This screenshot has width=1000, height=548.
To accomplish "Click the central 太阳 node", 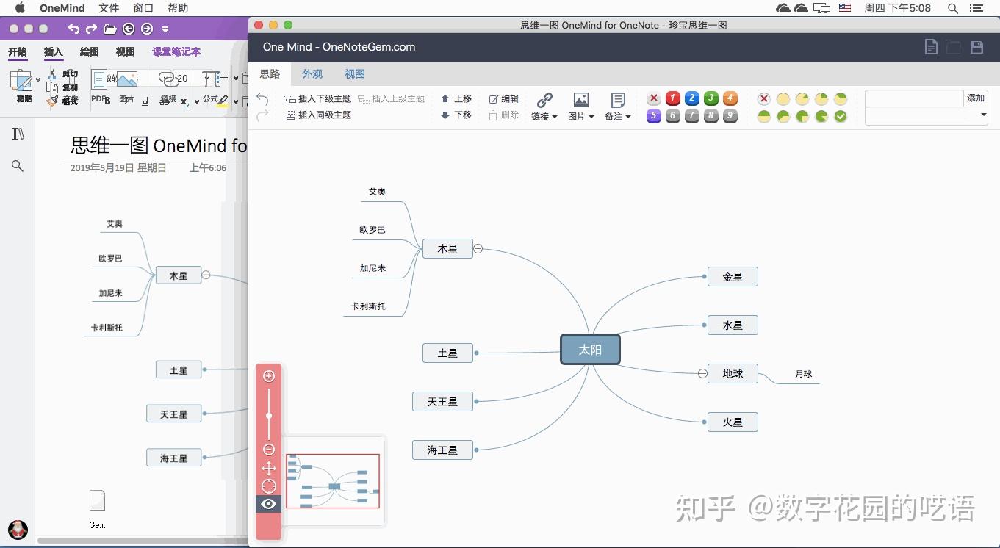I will coord(590,350).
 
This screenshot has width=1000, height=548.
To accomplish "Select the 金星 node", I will coord(733,277).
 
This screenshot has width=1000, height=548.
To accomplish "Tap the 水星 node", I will coord(733,325).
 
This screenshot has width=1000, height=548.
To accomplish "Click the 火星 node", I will coord(733,422).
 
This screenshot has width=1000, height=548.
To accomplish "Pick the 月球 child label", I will coord(803,374).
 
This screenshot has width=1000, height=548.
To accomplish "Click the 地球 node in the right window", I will coord(733,374).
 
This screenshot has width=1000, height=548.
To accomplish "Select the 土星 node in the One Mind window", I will coord(447,353).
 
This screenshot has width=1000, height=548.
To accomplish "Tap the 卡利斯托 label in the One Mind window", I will coord(368,306).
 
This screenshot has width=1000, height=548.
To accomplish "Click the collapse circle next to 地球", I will coord(702,374).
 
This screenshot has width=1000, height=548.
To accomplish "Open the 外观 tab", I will coord(312,74).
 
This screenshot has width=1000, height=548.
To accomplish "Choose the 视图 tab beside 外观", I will coord(355,74).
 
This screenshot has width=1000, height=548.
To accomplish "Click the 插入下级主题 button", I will coord(318,98).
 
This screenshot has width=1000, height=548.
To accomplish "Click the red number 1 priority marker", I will coord(672,98).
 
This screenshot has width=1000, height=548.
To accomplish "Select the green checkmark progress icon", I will coord(841,116).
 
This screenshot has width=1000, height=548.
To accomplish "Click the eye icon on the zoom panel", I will coord(268,504).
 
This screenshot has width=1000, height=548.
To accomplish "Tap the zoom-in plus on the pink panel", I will coord(269,376).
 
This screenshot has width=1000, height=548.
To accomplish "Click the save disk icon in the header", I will coord(976,47).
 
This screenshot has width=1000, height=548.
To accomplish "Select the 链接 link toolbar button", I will coord(544,106).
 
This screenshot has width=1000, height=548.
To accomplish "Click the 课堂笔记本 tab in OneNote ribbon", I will coord(176,52).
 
